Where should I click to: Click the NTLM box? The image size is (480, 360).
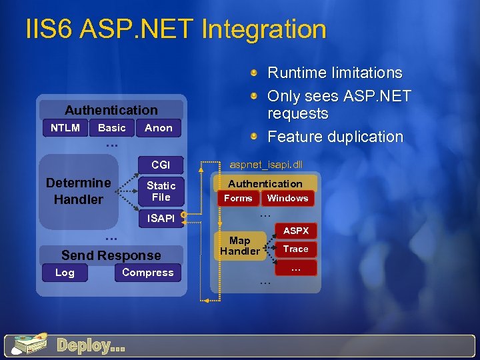65,127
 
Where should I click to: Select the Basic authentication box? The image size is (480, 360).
111,127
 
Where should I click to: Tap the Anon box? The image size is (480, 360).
159,127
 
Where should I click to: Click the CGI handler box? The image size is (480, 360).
161,165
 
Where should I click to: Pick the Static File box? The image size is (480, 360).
161,191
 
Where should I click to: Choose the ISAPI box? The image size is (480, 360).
161,218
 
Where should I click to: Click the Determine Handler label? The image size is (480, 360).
78,191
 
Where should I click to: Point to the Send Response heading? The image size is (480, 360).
111,255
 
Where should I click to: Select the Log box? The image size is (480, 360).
65,273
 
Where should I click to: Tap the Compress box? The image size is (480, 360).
147,273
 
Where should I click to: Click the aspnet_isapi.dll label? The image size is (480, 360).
265,163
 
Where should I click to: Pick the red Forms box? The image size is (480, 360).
238,198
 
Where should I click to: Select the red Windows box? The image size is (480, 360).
287,198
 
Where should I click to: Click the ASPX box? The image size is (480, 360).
296,231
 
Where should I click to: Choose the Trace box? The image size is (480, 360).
296,249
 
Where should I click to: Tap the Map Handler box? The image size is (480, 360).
239,245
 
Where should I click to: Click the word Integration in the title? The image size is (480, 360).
263,29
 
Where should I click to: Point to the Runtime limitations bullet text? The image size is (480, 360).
335,73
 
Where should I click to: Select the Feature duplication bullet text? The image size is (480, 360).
335,137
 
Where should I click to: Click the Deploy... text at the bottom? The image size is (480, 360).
91,345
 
